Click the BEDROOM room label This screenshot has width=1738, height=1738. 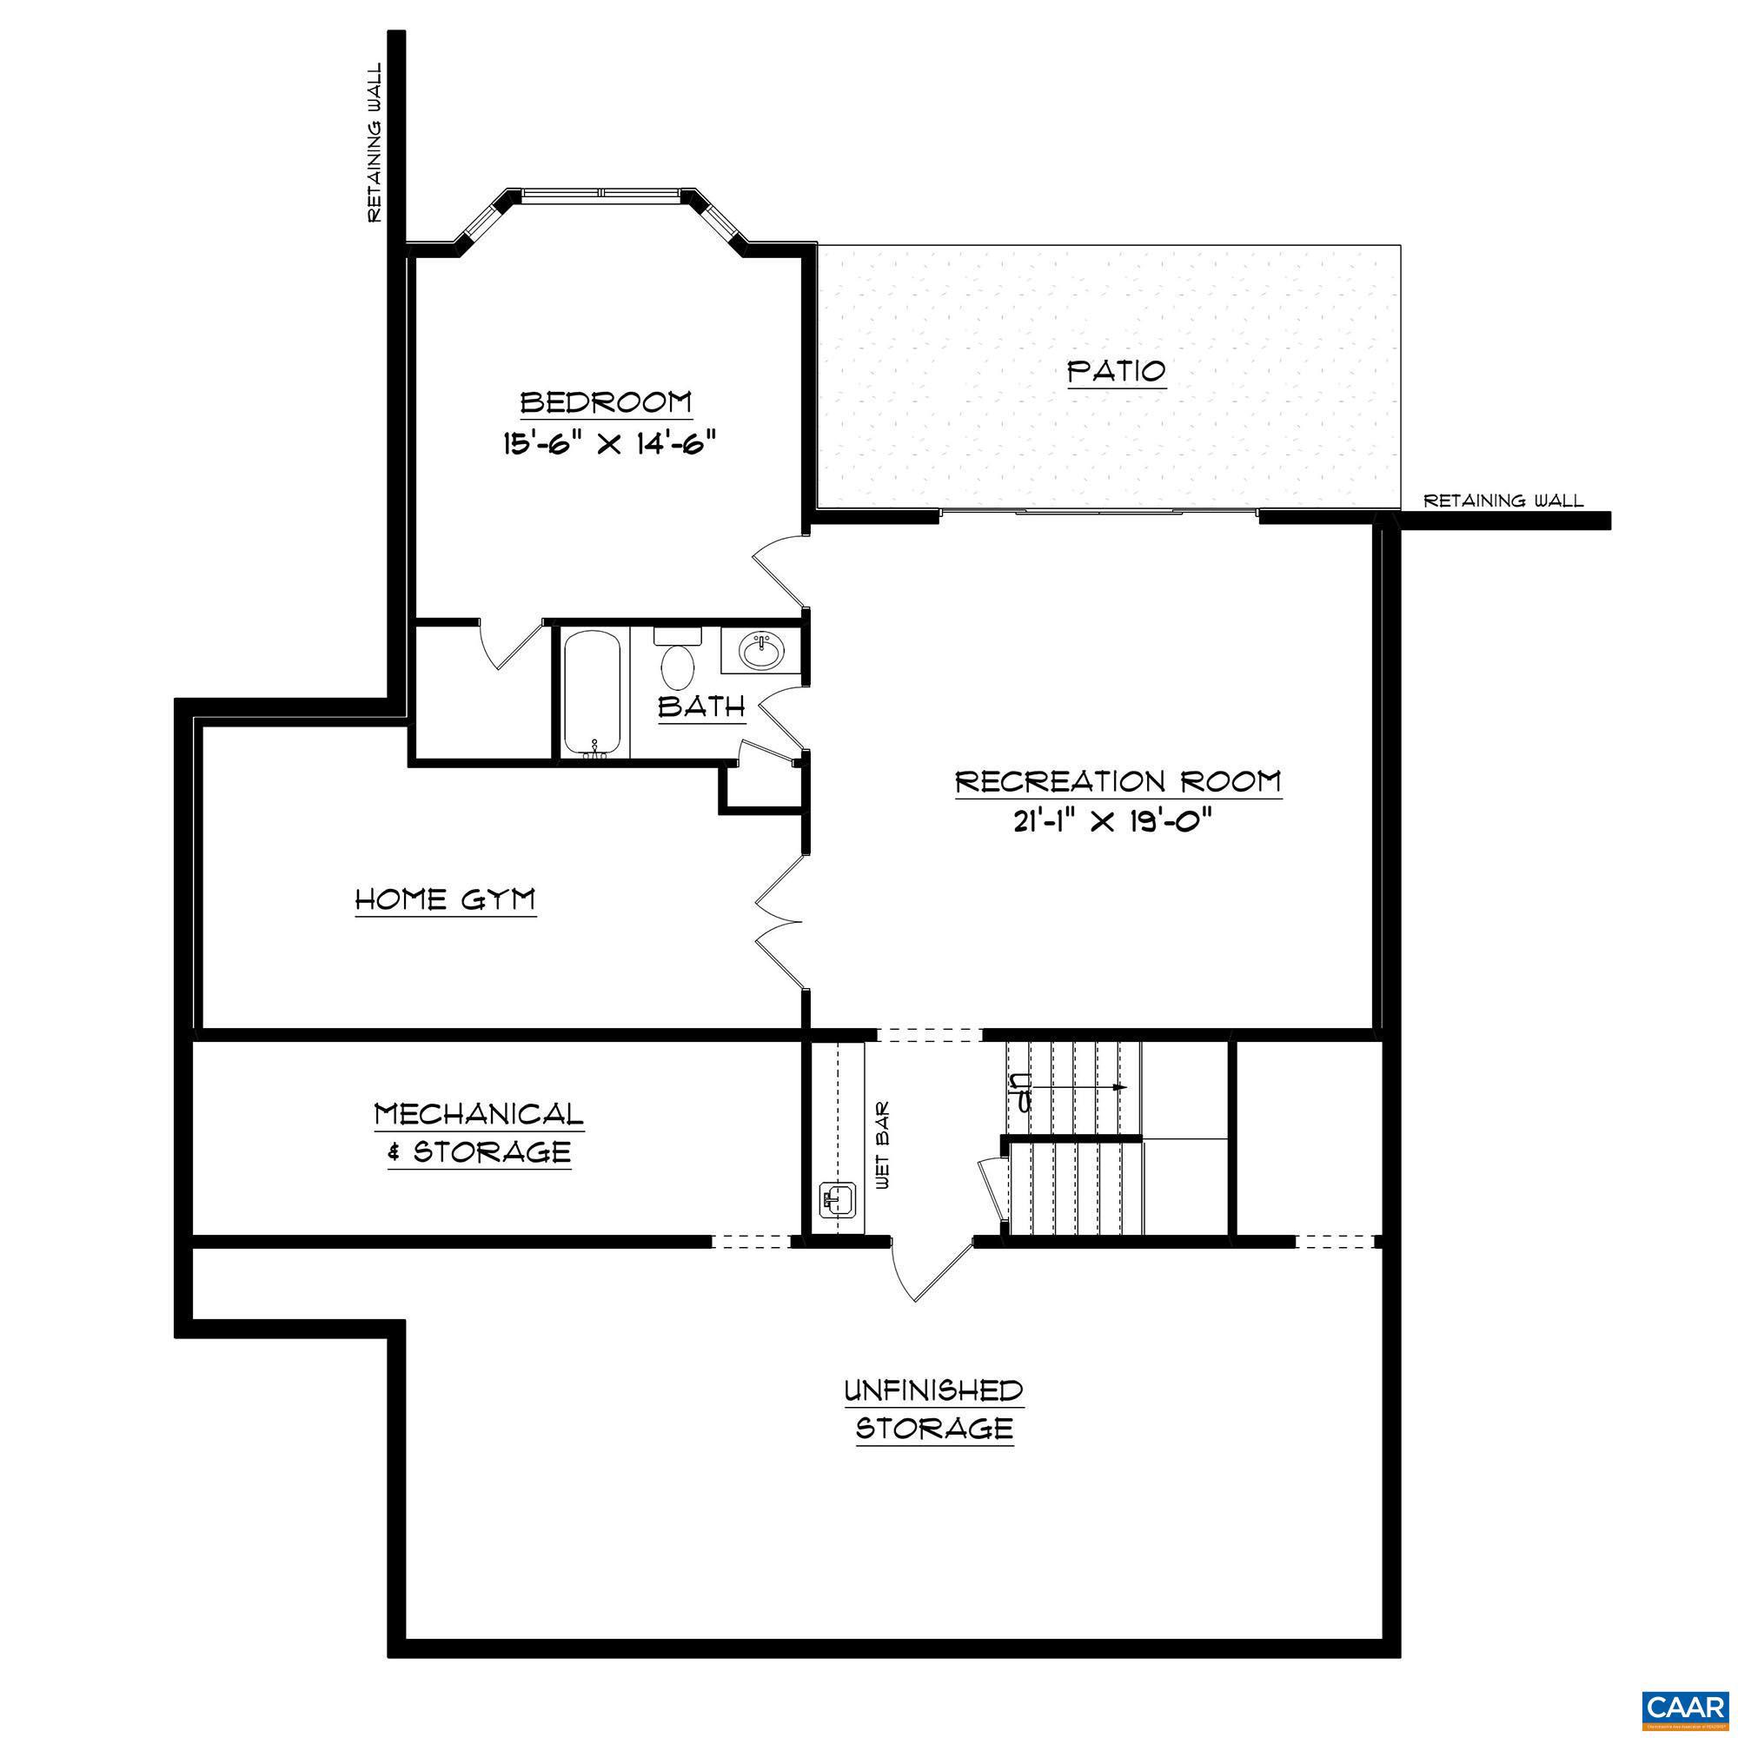pos(607,401)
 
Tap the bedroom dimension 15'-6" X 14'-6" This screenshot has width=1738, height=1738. pos(612,443)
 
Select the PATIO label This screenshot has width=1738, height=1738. pos(1117,371)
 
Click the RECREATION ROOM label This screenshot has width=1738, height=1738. pos(1118,781)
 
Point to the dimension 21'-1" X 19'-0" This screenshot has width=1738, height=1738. pos(1118,822)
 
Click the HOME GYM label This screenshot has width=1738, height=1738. pos(445,899)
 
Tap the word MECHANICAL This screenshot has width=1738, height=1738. pos(479,1115)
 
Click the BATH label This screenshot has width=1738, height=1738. pos(701,707)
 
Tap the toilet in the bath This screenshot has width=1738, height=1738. pos(679,661)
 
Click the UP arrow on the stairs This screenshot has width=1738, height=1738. pos(1071,1088)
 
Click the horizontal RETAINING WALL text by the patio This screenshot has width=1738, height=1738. pos(1503,501)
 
